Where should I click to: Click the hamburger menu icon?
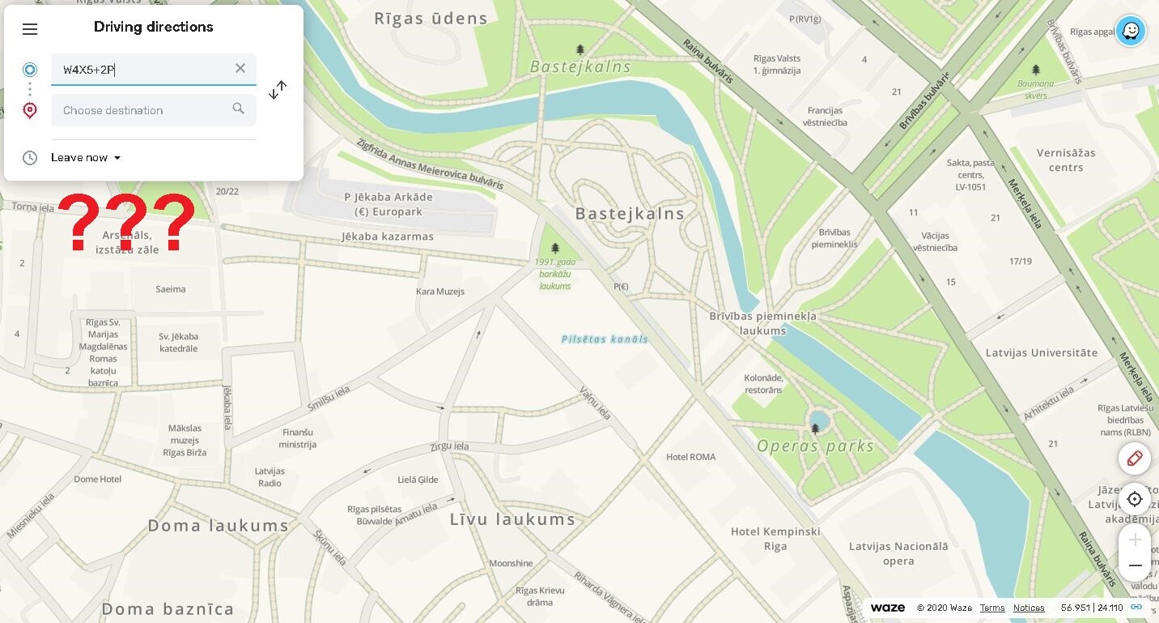click(x=30, y=30)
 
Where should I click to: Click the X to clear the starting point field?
click(x=240, y=69)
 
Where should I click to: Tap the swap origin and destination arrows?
click(x=278, y=90)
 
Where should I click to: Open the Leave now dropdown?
click(x=85, y=158)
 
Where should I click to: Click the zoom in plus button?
click(x=1135, y=540)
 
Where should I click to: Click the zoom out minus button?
click(x=1135, y=565)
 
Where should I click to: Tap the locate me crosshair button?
click(x=1135, y=499)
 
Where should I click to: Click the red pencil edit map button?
click(x=1135, y=459)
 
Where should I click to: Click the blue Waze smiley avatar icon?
click(x=1130, y=32)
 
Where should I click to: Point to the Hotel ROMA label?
click(x=690, y=457)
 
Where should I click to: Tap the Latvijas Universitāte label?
click(x=1041, y=352)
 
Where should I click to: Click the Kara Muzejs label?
click(x=439, y=292)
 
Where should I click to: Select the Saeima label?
click(x=170, y=289)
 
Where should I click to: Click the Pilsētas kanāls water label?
click(x=605, y=339)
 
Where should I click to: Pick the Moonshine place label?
click(x=511, y=563)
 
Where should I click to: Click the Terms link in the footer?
click(x=991, y=608)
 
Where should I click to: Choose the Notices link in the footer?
click(x=1028, y=608)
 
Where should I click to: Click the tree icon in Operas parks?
click(x=816, y=428)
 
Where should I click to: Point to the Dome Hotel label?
click(x=97, y=480)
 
